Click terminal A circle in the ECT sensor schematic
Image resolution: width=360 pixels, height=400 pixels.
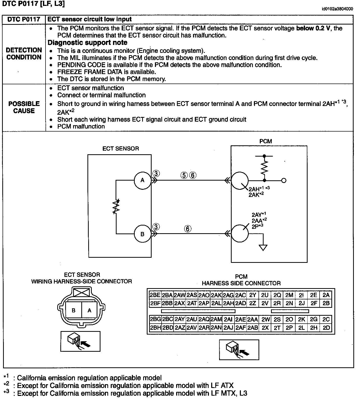coord(142,180)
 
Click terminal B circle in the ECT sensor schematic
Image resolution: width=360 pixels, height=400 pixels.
coord(142,234)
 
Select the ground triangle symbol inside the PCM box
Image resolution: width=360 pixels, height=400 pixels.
coord(263,248)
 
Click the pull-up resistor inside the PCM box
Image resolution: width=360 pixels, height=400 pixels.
coord(264,168)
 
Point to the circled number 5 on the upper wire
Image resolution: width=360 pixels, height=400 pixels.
coord(184,175)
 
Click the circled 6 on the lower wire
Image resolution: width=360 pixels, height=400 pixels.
coord(188,229)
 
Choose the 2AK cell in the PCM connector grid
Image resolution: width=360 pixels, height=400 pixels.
coord(216,295)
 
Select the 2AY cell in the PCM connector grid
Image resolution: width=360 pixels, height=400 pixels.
coord(180,319)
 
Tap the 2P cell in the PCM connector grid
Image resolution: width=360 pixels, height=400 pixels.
coord(289,328)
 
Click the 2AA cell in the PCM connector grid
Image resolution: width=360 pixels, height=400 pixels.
coord(253,319)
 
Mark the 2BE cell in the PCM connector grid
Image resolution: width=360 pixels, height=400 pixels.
coord(155,295)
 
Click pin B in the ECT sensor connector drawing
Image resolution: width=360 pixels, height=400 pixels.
coord(74,310)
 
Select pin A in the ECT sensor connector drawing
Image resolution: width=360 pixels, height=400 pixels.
coord(89,310)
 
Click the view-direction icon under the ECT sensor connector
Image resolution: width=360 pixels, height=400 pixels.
coord(80,341)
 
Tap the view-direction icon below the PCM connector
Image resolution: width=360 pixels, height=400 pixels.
coord(239,349)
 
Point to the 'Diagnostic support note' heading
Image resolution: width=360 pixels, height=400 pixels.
coord(87,43)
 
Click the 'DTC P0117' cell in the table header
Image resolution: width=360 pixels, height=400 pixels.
coord(24,19)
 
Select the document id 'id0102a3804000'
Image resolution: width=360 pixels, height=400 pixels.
coord(337,9)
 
